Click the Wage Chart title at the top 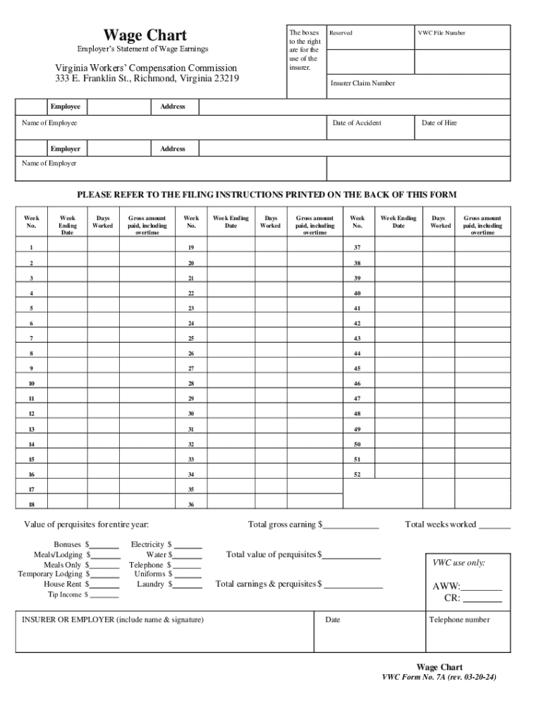(145, 35)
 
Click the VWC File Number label (441, 33)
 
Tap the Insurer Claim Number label (362, 83)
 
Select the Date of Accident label (356, 123)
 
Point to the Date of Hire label (439, 123)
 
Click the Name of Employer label (49, 164)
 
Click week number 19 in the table (190, 248)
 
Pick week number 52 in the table (357, 475)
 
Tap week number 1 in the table (31, 248)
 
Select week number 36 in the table (190, 505)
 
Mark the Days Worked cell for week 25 (271, 338)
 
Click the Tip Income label (64, 595)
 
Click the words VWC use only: (458, 563)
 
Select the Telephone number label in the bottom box (459, 620)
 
